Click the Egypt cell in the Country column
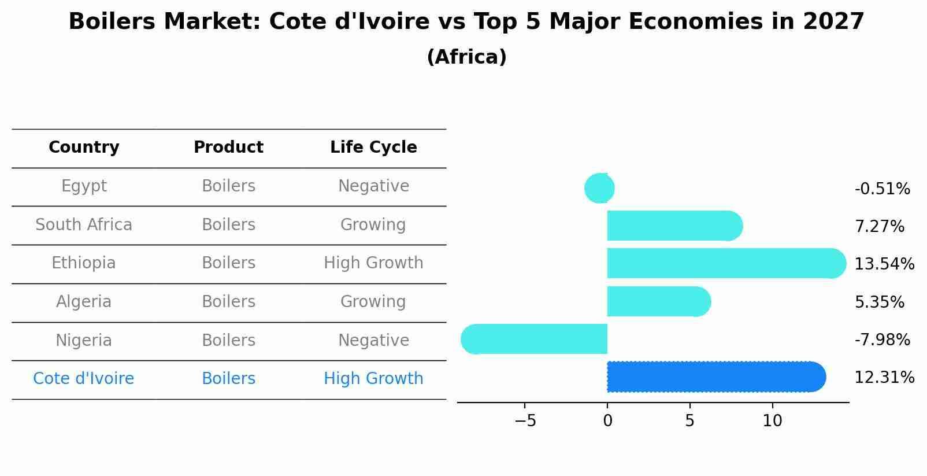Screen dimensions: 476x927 [x=84, y=186]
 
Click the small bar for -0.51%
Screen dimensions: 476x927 [x=600, y=188]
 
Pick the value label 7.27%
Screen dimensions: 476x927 [x=879, y=226]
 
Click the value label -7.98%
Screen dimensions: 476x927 [x=882, y=340]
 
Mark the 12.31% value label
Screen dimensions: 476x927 [x=884, y=378]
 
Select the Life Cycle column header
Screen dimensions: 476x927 [x=373, y=147]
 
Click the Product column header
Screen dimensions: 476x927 [x=228, y=147]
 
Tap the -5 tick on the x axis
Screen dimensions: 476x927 [x=525, y=421]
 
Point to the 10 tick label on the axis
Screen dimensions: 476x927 [x=772, y=421]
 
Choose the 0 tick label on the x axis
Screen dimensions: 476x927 [x=607, y=421]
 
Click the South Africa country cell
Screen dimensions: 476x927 [x=84, y=224]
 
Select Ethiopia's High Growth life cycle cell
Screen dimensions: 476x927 [x=373, y=263]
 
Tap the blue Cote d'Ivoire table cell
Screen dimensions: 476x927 [x=84, y=379]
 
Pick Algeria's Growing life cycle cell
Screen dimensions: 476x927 [x=373, y=302]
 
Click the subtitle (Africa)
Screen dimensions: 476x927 [x=466, y=57]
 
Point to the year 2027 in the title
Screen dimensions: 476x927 [x=833, y=22]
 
